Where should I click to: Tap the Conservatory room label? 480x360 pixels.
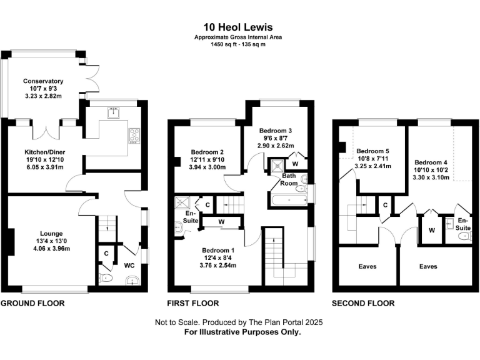coord(43,81)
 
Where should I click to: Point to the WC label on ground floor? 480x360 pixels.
coord(130,265)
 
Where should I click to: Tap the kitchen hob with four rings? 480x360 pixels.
coord(134,134)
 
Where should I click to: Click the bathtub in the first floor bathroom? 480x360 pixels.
coord(287,201)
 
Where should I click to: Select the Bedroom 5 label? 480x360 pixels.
coord(372,151)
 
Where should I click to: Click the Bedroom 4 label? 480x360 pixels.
coord(431,161)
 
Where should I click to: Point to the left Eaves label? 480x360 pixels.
coord(367,266)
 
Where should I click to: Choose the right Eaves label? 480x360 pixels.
coord(428,266)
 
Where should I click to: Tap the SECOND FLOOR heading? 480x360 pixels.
coord(363,303)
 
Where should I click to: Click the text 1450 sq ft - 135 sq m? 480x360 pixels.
coord(238,44)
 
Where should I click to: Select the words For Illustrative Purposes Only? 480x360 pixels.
coord(242,332)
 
